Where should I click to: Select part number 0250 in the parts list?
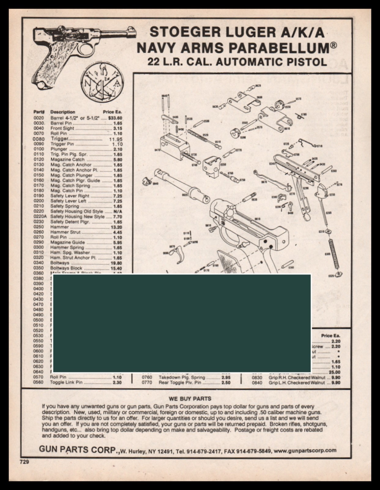coord(39,227)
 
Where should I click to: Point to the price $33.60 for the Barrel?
coord(115,118)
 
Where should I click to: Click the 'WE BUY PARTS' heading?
coord(190,398)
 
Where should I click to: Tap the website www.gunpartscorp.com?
coord(305,450)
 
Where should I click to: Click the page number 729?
coord(24,462)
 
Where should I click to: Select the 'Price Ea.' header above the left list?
coord(112,112)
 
